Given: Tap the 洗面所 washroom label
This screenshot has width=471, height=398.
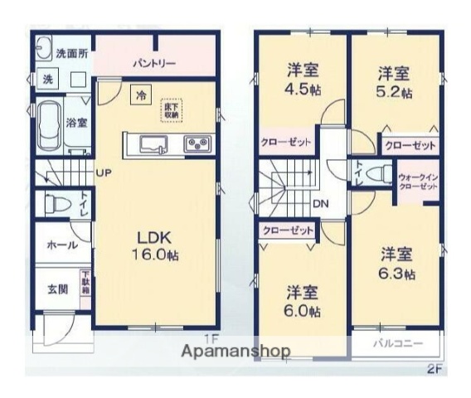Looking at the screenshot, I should click(71, 52).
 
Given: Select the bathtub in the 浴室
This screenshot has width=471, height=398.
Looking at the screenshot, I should click(50, 125).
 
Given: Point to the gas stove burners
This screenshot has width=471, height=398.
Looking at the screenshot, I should click(197, 144).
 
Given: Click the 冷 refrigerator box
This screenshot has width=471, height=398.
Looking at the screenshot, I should click(142, 95).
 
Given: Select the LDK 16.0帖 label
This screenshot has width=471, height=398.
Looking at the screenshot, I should click(156, 244).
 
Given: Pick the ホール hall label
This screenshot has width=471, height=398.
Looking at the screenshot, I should click(63, 245).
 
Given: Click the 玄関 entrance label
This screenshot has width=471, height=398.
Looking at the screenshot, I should click(56, 290).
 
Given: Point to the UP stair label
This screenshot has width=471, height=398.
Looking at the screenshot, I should click(103, 172).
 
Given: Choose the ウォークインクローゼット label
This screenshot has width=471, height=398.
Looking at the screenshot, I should click(419, 182).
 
